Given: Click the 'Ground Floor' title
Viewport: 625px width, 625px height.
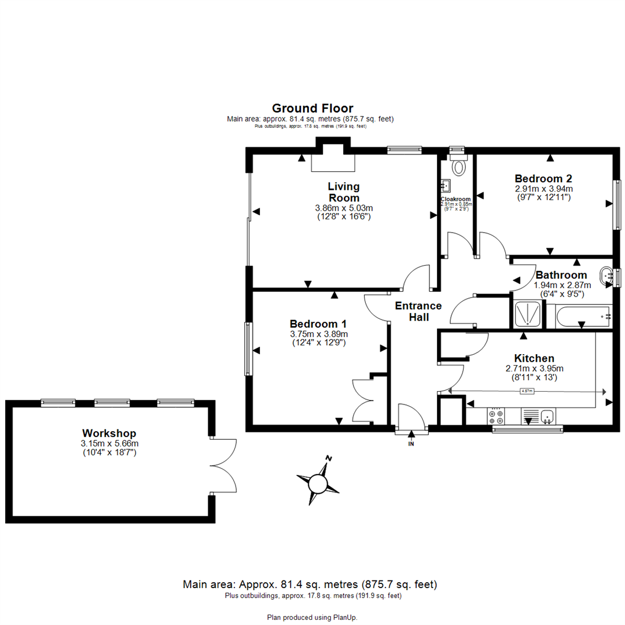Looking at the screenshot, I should pos(312,108).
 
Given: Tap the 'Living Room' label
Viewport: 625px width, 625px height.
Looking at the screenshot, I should pos(344,192).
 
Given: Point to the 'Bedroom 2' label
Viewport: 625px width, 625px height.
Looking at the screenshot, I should pos(543,178).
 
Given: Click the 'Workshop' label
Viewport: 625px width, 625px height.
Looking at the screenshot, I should pos(109,433).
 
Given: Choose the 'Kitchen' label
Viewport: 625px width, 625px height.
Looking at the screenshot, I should pos(535,358).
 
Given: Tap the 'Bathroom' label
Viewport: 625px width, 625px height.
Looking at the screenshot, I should pos(561,275).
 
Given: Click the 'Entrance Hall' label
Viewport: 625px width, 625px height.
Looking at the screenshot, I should pos(418,311).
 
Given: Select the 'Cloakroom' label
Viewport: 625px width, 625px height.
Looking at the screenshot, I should pos(456,199).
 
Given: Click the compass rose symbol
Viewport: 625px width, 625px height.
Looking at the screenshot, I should pos(318,481).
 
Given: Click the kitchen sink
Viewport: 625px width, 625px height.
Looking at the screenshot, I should pos(547,416).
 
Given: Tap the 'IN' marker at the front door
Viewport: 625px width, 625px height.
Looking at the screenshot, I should pos(411,444).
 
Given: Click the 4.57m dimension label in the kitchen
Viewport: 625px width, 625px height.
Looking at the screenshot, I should pos(527,391).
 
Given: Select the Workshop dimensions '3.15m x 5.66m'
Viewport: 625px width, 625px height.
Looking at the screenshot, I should pos(110,443).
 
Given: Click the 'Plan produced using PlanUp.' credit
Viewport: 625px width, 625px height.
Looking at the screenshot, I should pos(312,617).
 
